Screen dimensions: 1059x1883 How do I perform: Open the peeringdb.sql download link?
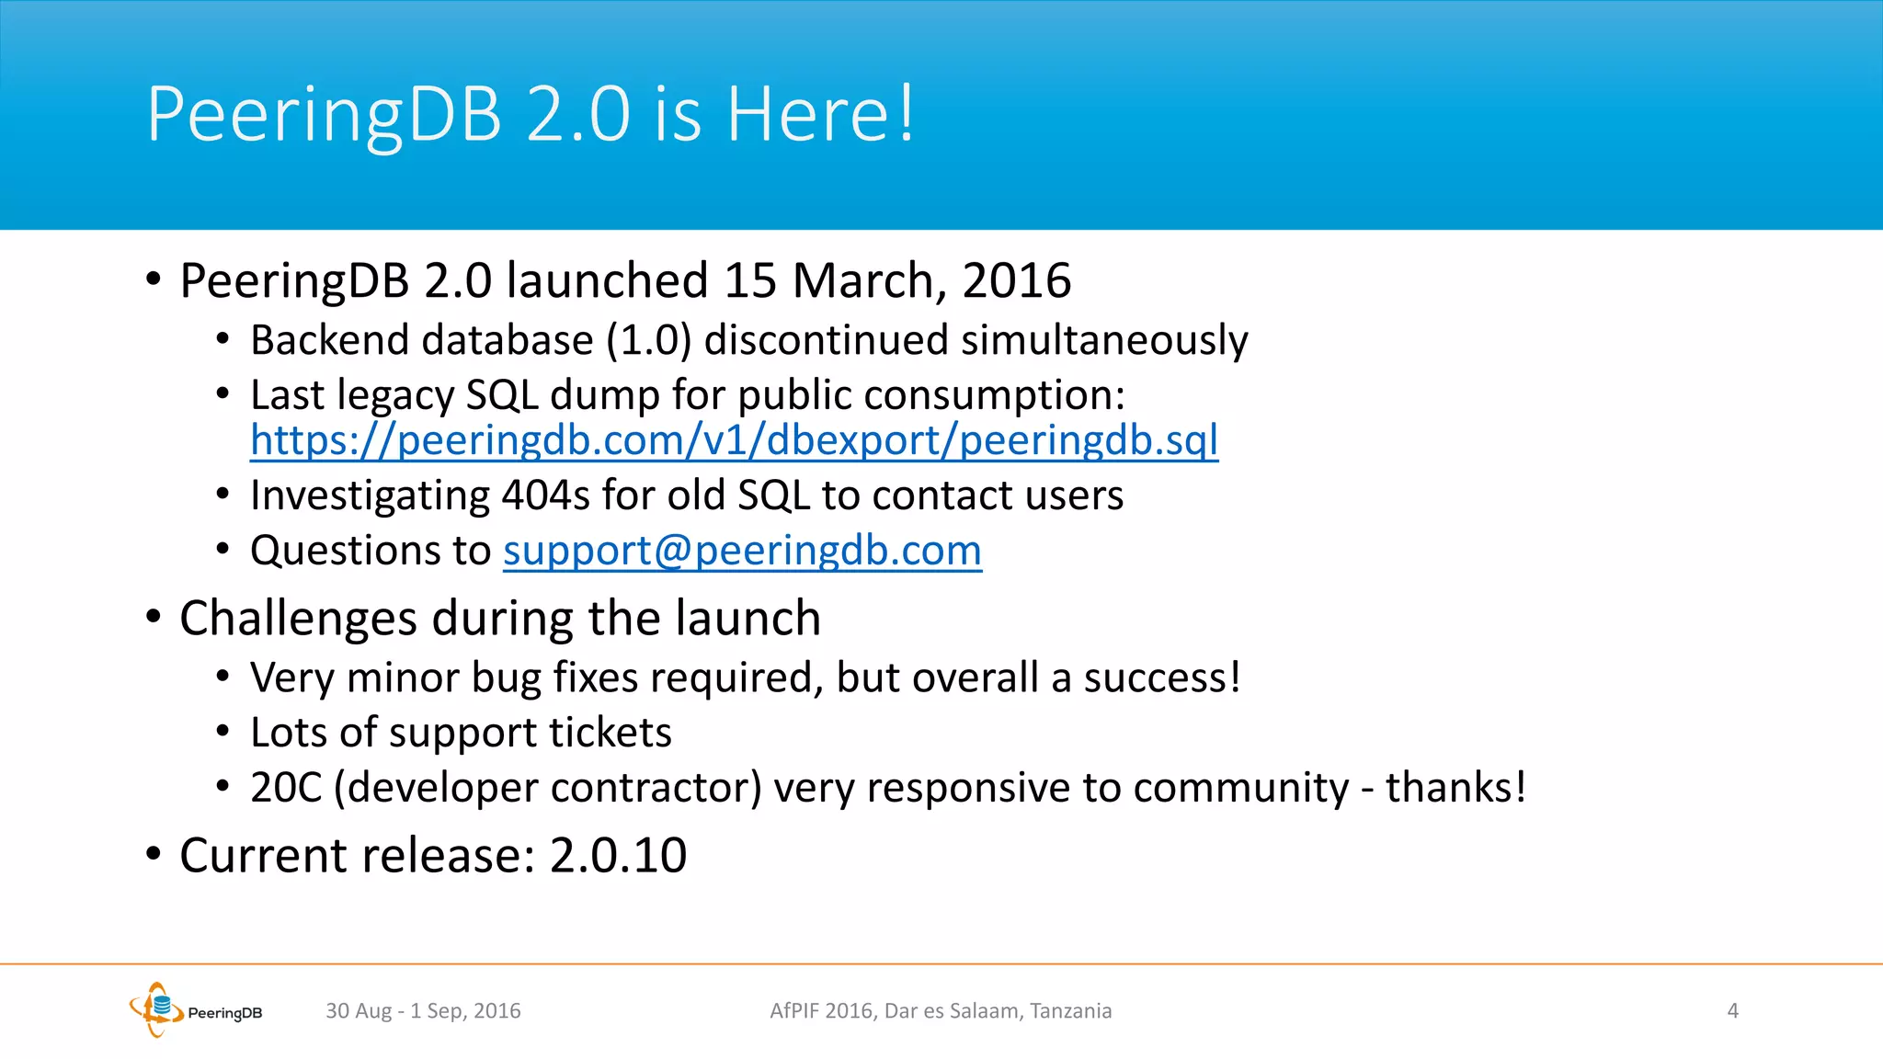(734, 439)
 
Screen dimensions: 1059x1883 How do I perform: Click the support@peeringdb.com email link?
(742, 551)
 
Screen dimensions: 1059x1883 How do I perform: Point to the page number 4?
(1732, 1011)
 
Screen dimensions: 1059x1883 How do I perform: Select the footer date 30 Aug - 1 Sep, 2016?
(423, 1011)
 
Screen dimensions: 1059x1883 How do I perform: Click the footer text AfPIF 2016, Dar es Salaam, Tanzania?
(941, 1011)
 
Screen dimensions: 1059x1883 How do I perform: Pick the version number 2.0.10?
(618, 856)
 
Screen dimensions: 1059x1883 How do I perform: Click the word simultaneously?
(1104, 341)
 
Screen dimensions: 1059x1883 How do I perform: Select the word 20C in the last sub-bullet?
(286, 788)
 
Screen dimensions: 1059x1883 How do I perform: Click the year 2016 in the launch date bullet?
(1016, 280)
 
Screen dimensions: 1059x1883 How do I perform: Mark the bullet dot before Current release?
(154, 854)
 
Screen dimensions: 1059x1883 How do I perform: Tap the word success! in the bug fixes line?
(1162, 678)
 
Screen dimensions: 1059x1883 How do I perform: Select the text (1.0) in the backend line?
(648, 341)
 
